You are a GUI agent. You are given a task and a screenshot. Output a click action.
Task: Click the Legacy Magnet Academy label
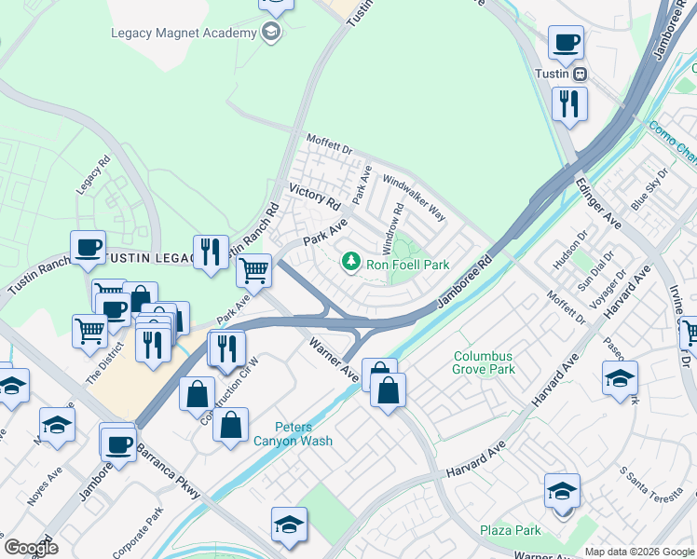183,34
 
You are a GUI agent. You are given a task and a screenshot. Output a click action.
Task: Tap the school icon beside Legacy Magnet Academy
271,34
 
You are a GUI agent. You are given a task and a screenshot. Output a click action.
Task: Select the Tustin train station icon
581,75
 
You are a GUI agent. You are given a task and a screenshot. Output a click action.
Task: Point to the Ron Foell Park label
407,265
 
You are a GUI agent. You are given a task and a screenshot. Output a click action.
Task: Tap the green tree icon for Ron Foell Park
351,264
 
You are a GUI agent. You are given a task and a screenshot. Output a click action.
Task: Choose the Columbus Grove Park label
484,362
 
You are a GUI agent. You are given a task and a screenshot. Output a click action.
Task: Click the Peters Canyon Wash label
294,433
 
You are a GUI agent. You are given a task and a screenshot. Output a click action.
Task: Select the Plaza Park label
511,531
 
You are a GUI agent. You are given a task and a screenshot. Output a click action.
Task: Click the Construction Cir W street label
223,392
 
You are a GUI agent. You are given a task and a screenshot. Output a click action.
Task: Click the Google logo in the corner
31,547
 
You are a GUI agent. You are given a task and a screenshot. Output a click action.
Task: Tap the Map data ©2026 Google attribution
638,552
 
